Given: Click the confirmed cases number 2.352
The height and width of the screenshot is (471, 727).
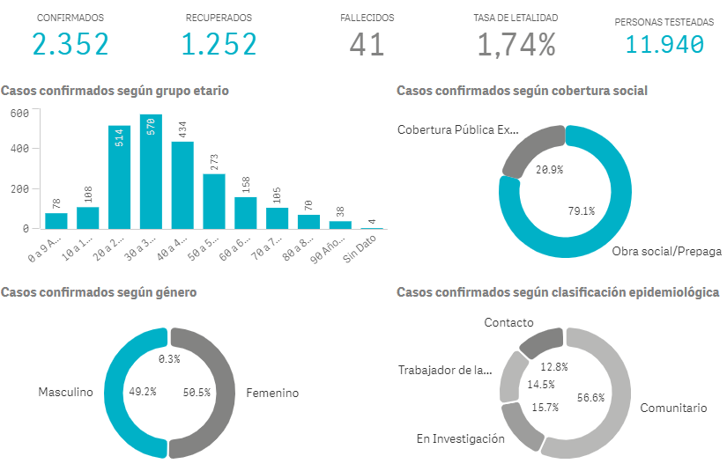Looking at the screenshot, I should click(70, 44).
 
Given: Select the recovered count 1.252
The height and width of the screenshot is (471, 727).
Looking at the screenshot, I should click(219, 44).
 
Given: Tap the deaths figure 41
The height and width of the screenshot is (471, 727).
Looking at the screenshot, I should click(367, 44).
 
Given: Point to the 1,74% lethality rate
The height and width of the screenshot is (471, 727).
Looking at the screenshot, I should click(516, 44).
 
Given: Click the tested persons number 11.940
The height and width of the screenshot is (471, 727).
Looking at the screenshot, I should click(664, 44).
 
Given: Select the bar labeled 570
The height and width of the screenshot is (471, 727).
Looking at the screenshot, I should click(151, 172).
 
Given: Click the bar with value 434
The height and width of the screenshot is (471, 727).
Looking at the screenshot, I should click(182, 185).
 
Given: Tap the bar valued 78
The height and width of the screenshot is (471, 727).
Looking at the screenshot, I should click(56, 220).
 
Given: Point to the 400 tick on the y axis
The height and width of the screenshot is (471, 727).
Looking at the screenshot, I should click(20, 148).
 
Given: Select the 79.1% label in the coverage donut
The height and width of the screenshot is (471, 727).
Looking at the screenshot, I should click(581, 211).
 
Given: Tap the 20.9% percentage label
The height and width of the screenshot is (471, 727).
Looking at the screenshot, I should click(549, 169).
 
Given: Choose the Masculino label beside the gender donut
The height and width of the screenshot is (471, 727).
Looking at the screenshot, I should click(65, 393).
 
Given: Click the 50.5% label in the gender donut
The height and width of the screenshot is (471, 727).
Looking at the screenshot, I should click(197, 393).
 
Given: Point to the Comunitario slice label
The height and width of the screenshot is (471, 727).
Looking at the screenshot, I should click(673, 408).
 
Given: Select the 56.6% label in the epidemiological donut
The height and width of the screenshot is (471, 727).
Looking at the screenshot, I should click(590, 397).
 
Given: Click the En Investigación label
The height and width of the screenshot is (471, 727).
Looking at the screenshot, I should click(461, 438).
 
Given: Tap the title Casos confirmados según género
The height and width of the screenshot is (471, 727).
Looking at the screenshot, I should click(99, 291).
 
